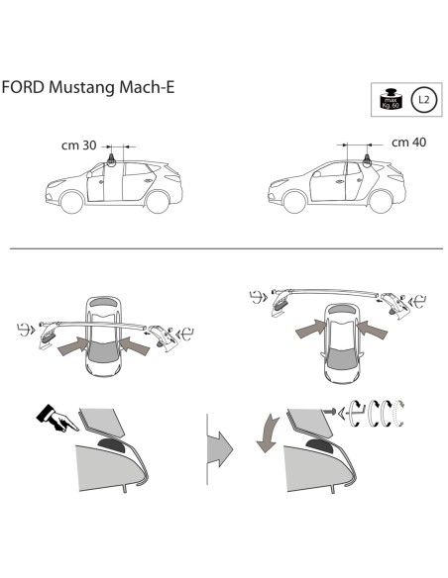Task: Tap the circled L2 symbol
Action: tap(423, 99)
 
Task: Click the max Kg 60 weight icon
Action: tap(391, 99)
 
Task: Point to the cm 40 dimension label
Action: tap(409, 142)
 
